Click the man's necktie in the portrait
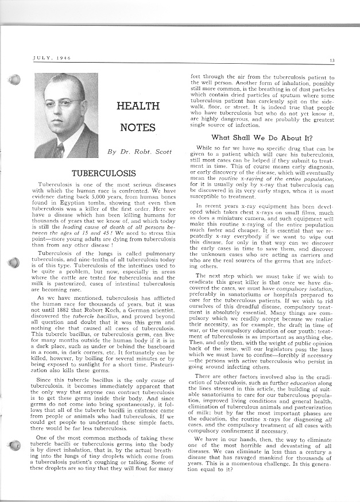click(60, 150)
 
